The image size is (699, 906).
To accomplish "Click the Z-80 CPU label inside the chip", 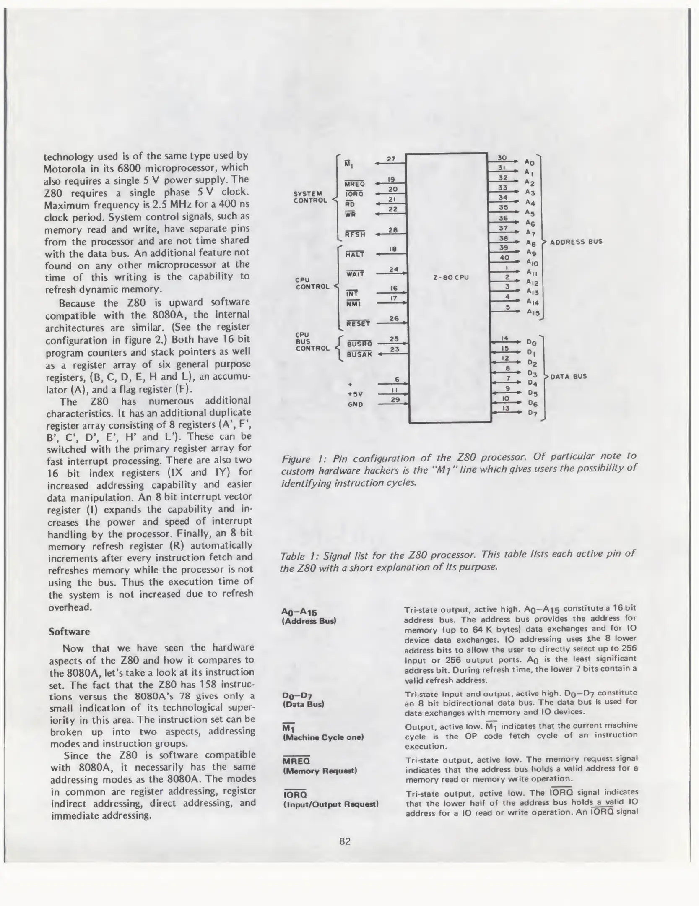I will pyautogui.click(x=450, y=277).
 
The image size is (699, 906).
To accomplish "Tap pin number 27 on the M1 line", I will pyautogui.click(x=391, y=159).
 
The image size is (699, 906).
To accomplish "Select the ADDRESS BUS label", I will pyautogui.click(x=576, y=242).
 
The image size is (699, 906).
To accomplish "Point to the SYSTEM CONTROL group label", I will pyautogui.click(x=310, y=197).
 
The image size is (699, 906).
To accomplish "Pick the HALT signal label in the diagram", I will pyautogui.click(x=355, y=254).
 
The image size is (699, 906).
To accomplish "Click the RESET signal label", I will pyautogui.click(x=358, y=324).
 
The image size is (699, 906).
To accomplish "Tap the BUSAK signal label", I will pyautogui.click(x=359, y=354).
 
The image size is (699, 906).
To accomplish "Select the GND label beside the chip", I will pyautogui.click(x=355, y=405).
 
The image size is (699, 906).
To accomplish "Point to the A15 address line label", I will pyautogui.click(x=533, y=312).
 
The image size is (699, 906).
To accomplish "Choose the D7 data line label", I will pyautogui.click(x=533, y=413).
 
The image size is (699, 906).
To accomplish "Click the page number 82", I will pyautogui.click(x=345, y=841).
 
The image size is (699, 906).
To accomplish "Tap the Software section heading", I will pyautogui.click(x=69, y=632).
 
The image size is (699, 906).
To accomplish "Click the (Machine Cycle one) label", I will pyautogui.click(x=323, y=737).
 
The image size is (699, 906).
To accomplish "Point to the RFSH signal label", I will pyautogui.click(x=355, y=234).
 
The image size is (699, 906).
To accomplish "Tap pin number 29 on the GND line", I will pyautogui.click(x=395, y=400).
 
